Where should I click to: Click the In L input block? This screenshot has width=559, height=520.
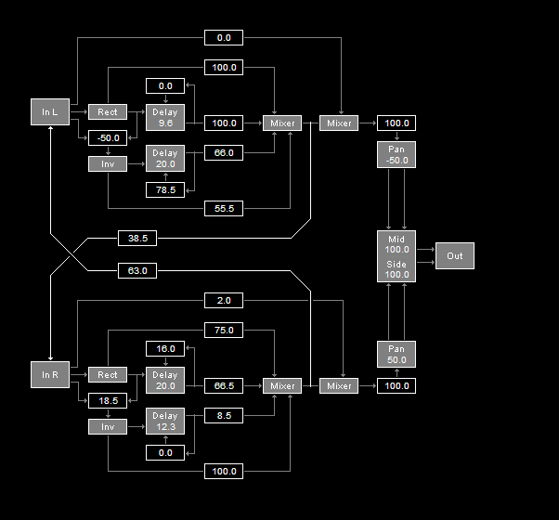click(49, 112)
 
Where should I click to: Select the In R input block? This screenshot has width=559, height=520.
click(49, 374)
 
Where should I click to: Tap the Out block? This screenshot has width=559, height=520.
click(454, 256)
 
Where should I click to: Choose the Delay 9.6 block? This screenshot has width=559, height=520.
click(165, 117)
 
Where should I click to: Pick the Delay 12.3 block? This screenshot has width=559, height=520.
click(165, 421)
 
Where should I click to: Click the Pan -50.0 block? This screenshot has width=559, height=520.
click(396, 155)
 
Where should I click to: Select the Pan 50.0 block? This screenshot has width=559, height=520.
click(396, 354)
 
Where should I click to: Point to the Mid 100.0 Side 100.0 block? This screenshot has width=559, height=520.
click(396, 256)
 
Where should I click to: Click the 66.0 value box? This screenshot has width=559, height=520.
click(224, 152)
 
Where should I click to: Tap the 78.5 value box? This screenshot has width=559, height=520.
click(165, 190)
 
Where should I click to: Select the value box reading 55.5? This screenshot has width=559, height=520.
click(224, 209)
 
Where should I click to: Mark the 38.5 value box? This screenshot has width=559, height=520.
click(137, 239)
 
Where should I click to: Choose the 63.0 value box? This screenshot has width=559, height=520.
click(137, 271)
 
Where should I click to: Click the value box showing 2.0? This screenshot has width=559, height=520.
click(224, 300)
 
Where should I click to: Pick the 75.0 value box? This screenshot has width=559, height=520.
click(224, 331)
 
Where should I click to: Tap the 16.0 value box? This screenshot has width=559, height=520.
click(165, 349)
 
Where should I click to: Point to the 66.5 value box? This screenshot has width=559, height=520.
click(224, 385)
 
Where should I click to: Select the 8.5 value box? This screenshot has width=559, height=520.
click(224, 416)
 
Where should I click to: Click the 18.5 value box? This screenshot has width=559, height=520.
click(107, 400)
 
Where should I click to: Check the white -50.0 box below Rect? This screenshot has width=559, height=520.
click(107, 138)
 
